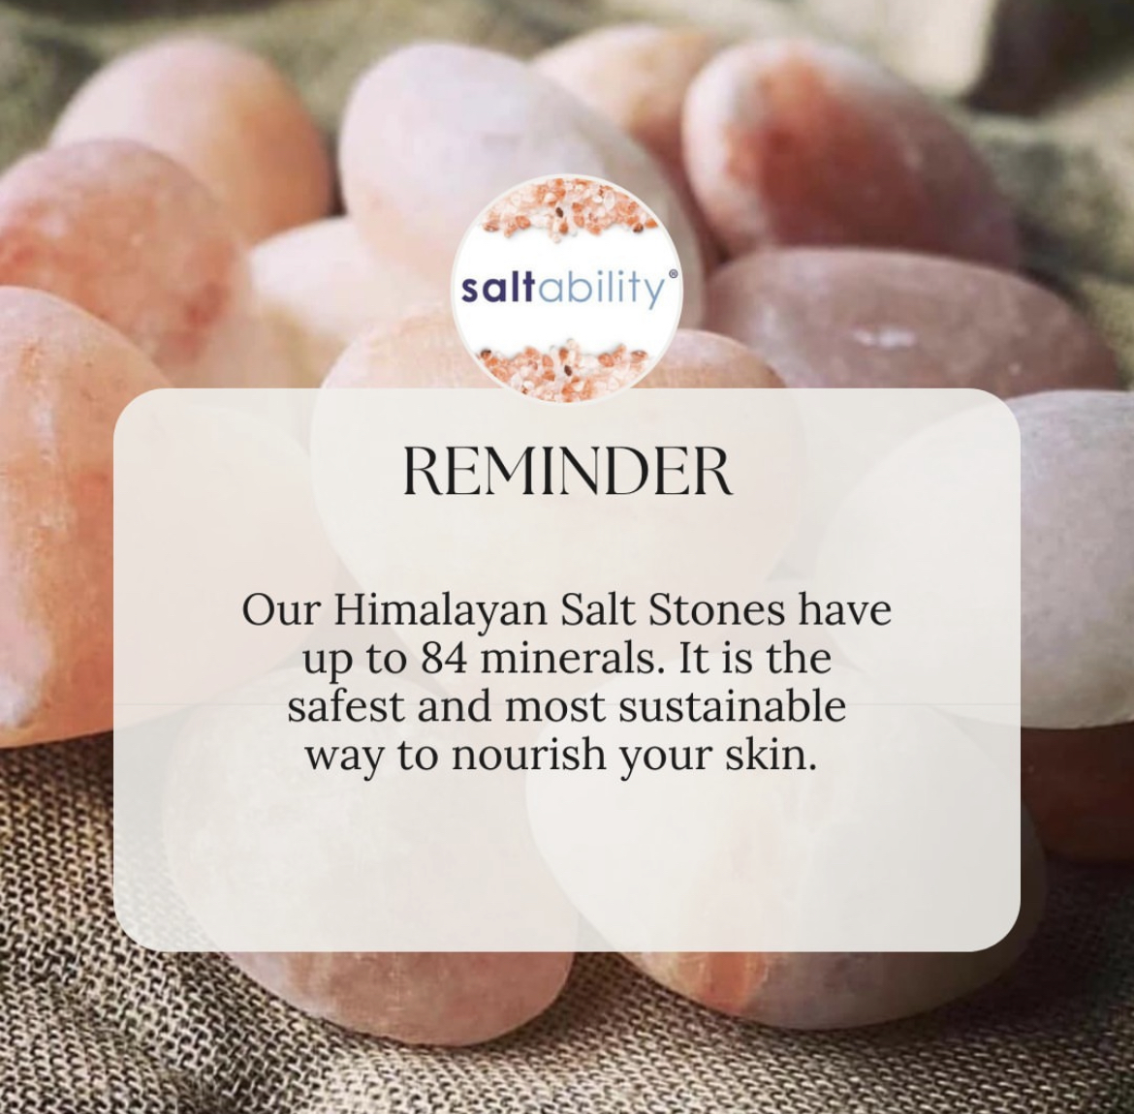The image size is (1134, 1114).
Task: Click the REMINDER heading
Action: coord(567,472)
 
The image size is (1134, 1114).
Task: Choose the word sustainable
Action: coord(732,706)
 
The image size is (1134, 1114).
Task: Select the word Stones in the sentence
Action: coord(716,611)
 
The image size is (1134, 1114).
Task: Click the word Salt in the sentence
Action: coord(597,611)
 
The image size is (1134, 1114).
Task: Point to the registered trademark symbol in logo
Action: coord(673,275)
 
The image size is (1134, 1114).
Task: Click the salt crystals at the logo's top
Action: coord(568,208)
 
